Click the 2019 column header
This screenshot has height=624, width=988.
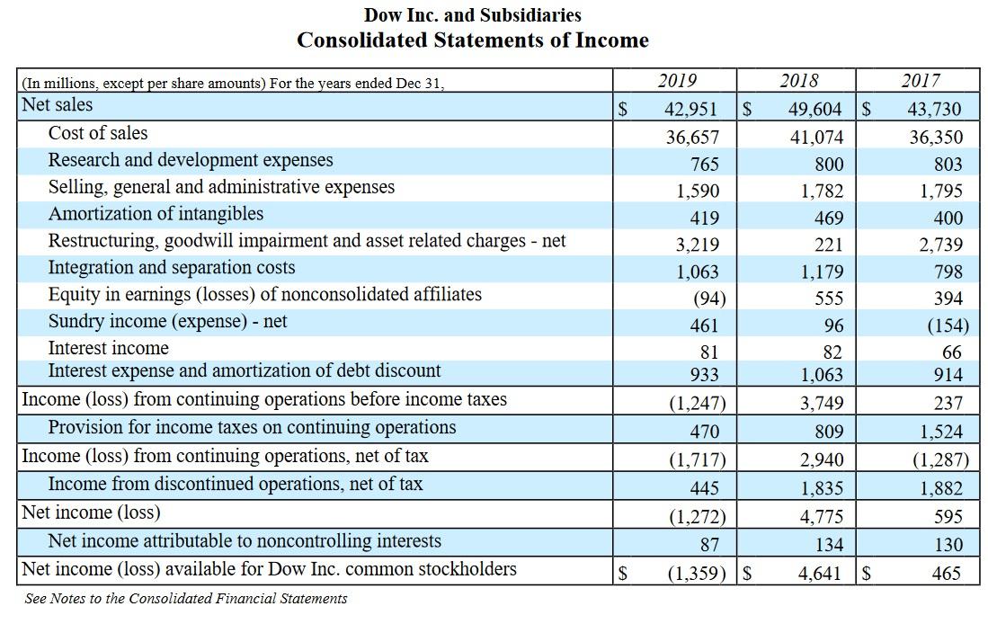pos(676,81)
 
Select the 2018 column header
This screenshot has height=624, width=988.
pos(798,81)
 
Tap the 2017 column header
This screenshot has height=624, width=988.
pos(920,81)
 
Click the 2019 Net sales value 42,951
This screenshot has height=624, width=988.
pos(690,110)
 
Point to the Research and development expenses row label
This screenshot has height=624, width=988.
pos(191,160)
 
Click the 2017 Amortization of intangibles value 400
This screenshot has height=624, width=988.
pos(948,218)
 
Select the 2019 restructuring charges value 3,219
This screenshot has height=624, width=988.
pos(699,245)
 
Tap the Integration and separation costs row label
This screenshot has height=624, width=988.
pos(172,268)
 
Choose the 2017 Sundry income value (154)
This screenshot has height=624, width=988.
pos(947,325)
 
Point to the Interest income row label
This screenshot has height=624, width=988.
pos(109,348)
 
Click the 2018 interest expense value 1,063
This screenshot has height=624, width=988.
pos(822,375)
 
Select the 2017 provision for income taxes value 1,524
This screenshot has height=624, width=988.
pos(941,432)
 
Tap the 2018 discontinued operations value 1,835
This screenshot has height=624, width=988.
pos(822,488)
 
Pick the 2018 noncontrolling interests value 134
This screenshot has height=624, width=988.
pos(828,545)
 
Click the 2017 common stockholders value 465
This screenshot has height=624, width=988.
pos(946,573)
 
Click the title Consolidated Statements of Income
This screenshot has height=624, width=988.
pos(473,40)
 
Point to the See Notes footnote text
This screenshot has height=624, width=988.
pos(186,598)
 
